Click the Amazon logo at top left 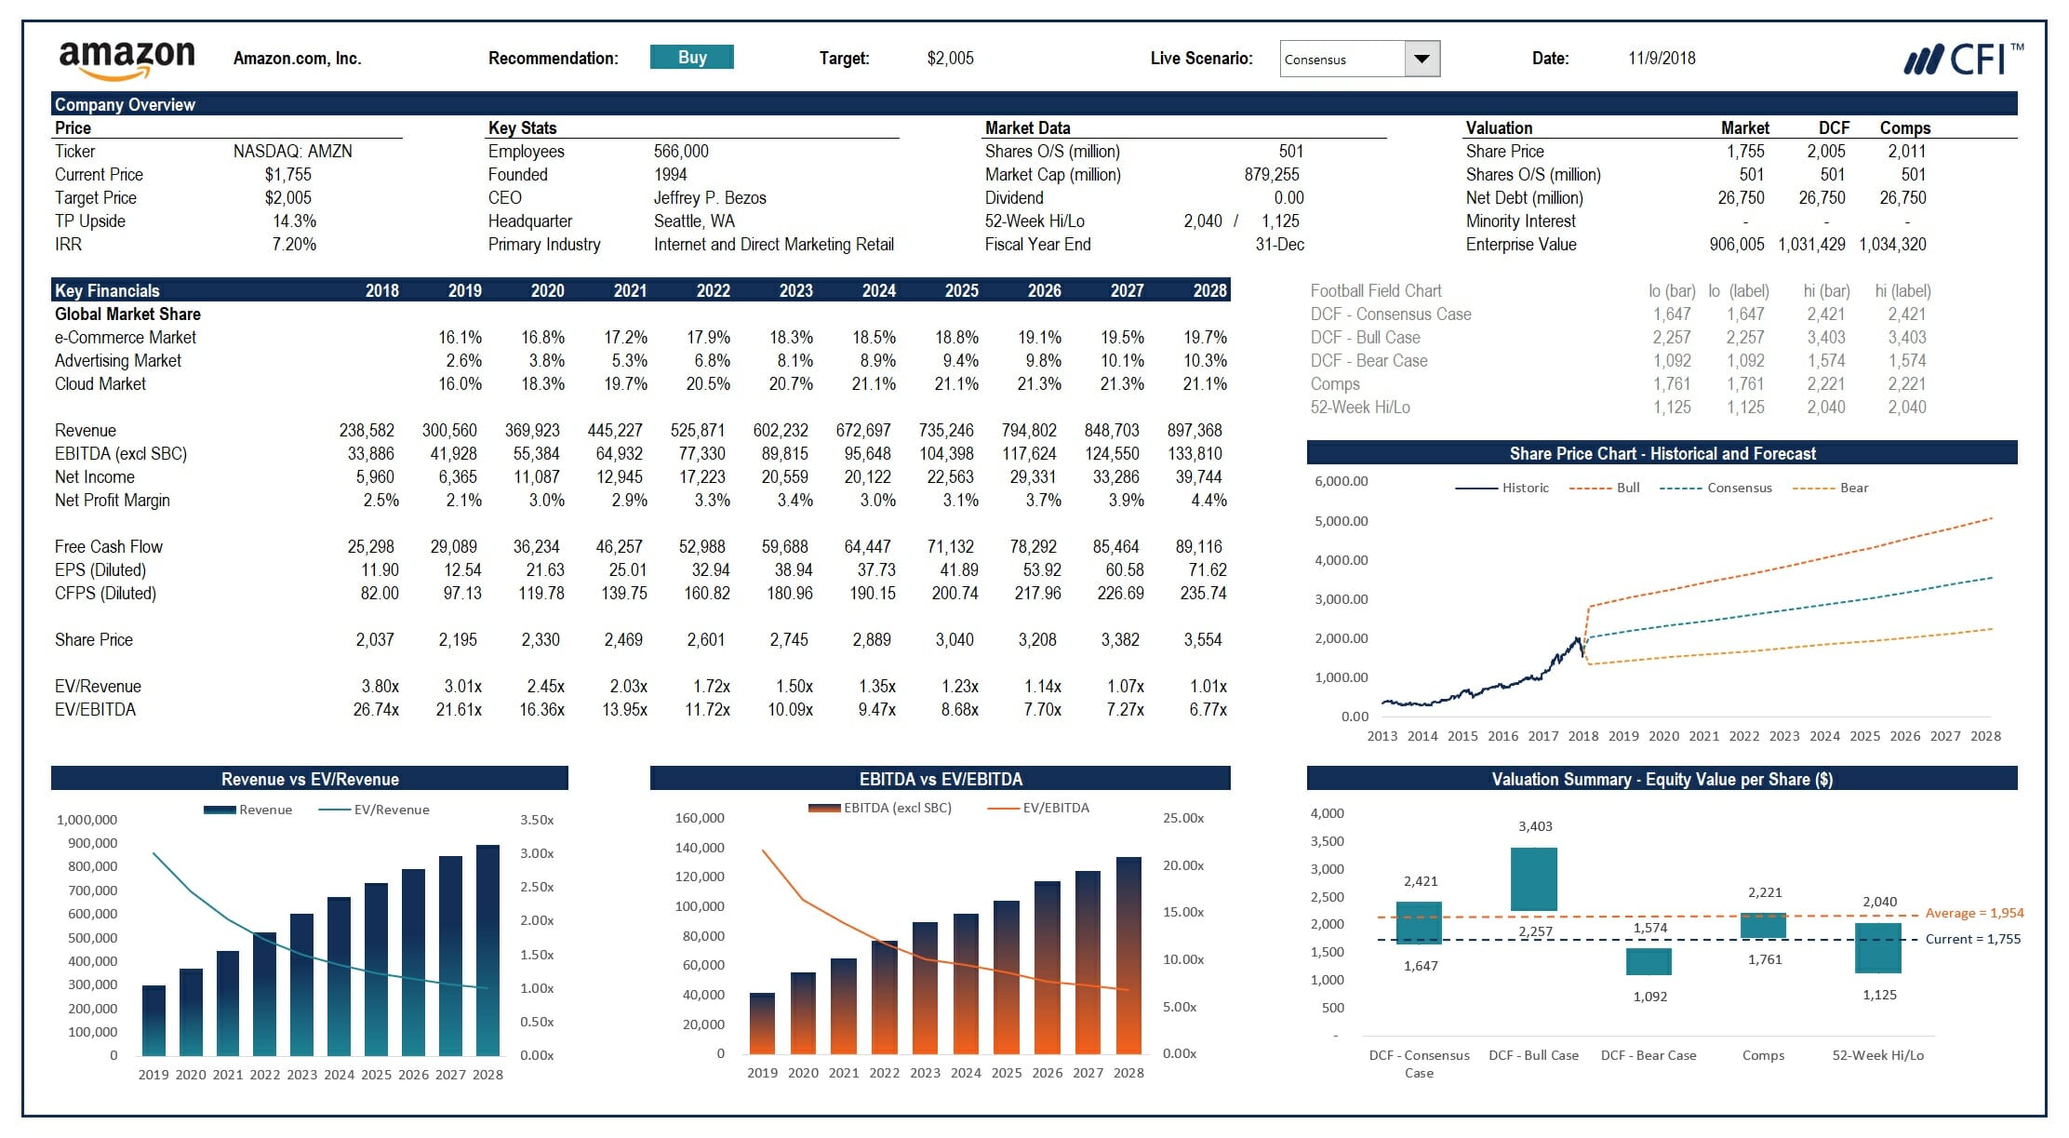127,60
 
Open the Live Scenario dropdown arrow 1421,59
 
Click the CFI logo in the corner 1962,60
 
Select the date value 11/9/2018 1662,59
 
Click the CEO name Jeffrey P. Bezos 710,198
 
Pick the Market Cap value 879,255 1271,175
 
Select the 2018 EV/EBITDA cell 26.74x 376,710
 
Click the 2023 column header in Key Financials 795,291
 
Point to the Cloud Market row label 100,384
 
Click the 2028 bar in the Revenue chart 487,949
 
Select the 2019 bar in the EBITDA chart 762,1024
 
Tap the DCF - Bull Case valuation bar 1533,879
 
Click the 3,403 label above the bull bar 1535,826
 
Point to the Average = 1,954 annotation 1974,913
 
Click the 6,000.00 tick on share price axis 1341,481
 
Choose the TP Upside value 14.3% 294,221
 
